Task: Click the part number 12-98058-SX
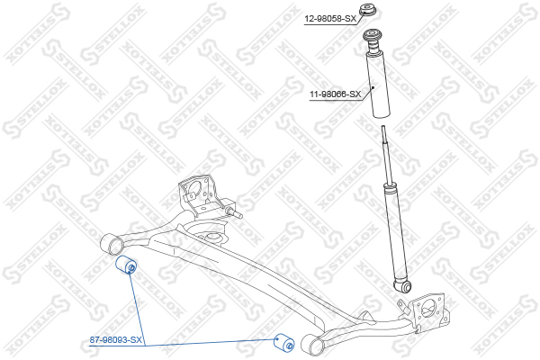tap(330, 18)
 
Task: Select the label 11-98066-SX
tap(334, 94)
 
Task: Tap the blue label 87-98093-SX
tap(116, 339)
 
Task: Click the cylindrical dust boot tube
tap(376, 85)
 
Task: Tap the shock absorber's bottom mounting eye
tap(404, 287)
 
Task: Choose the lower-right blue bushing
tap(283, 343)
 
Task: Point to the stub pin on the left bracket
tap(236, 214)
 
